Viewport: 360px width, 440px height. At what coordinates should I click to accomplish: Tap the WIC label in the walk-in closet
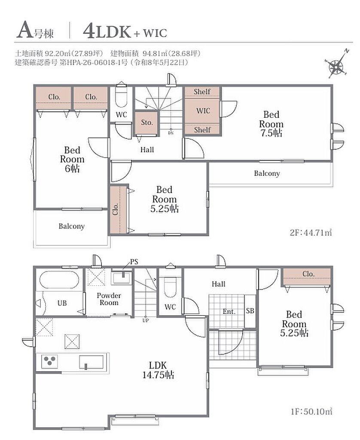(203, 110)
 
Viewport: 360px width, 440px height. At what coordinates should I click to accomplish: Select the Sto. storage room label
(147, 122)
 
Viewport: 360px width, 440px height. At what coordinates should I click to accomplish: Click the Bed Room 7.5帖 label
(271, 124)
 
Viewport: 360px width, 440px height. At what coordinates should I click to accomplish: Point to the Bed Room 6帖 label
(72, 159)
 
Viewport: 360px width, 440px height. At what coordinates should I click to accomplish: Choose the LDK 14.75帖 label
(158, 370)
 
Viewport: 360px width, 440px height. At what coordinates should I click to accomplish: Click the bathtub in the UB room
(59, 279)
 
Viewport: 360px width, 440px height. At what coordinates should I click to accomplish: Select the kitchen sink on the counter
(91, 362)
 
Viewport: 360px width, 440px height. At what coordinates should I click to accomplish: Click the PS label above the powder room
(134, 262)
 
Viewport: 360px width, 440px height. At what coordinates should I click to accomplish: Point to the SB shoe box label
(250, 311)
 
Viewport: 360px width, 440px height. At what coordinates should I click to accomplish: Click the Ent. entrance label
(229, 312)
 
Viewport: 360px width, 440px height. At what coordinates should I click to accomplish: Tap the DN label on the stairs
(171, 133)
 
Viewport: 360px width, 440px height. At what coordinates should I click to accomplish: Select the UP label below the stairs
(146, 321)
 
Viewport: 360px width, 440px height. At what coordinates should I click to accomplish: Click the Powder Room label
(109, 299)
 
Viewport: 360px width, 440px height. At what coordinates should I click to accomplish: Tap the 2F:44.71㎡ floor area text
(311, 232)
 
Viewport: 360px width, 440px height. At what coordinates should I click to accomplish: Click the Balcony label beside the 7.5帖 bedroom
(267, 174)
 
